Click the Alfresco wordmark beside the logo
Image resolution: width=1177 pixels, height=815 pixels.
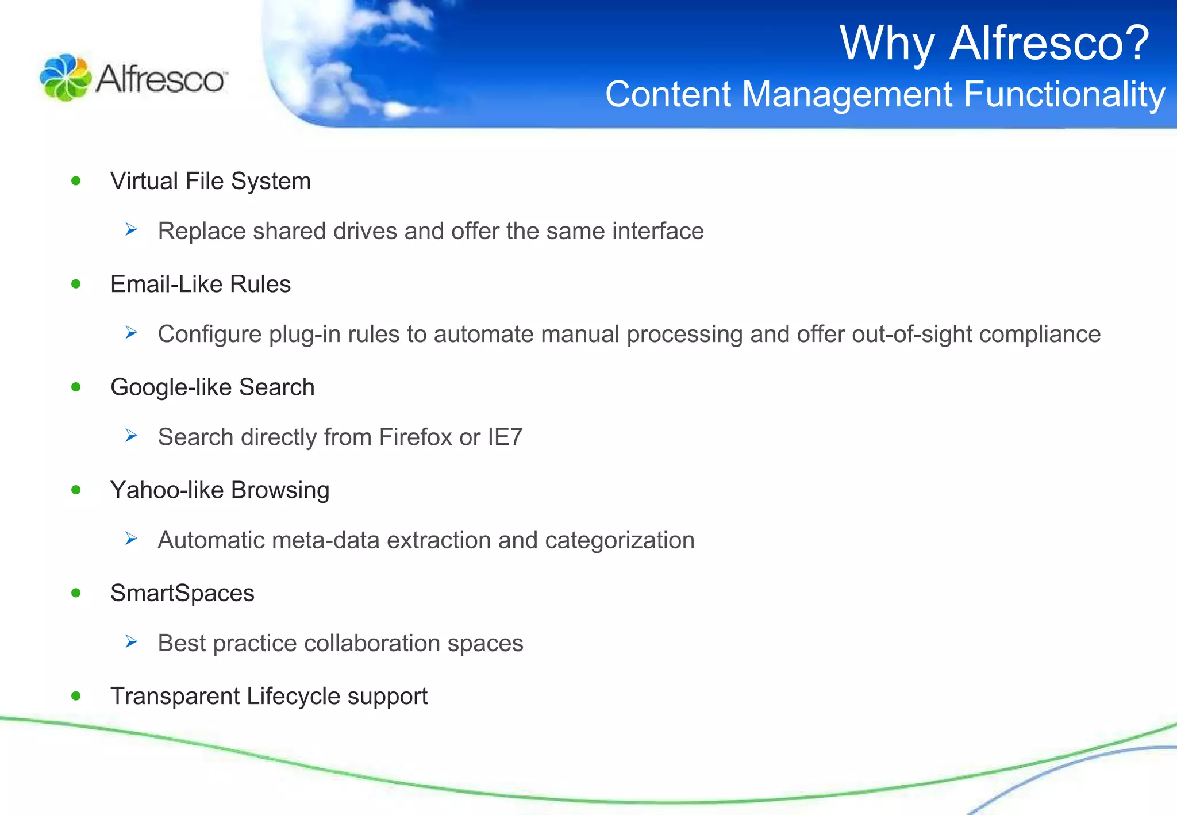point(161,79)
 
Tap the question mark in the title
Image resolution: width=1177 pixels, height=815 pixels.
point(1133,43)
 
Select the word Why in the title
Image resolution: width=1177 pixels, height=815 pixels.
point(887,43)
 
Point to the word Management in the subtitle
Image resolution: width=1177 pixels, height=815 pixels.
point(847,94)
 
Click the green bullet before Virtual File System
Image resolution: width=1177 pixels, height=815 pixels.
point(76,181)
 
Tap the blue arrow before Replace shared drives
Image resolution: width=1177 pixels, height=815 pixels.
point(132,230)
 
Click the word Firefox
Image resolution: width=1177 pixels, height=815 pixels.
point(415,437)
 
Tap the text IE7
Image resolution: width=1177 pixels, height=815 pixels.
point(505,437)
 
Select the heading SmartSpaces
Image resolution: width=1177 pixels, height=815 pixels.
point(182,593)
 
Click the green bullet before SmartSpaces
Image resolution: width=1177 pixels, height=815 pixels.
point(76,593)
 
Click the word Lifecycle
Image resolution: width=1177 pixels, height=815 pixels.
point(293,697)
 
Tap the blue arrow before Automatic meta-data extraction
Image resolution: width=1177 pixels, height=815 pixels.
point(132,539)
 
